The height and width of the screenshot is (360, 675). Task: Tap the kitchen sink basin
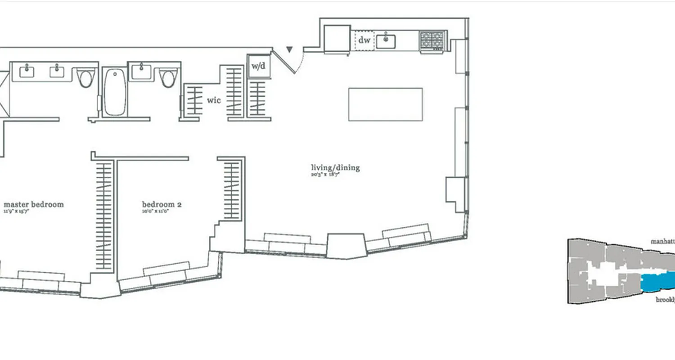[x=386, y=41]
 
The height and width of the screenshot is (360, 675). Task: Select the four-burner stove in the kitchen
[x=432, y=40]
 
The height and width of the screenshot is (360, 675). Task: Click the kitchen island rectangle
[x=385, y=104]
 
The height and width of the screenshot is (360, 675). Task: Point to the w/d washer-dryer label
[x=258, y=67]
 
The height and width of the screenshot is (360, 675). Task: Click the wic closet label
[x=214, y=100]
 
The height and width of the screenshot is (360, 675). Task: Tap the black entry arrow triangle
[x=290, y=49]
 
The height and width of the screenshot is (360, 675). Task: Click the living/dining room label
[x=335, y=168]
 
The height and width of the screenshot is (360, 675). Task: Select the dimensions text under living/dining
[x=324, y=175]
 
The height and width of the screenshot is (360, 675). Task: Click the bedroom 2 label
[x=162, y=204]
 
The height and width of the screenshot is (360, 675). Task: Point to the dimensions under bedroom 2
[x=155, y=211]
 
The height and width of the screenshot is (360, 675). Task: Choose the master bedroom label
[x=34, y=204]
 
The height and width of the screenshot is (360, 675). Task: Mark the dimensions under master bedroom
[x=16, y=211]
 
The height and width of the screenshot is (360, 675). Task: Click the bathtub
[x=114, y=92]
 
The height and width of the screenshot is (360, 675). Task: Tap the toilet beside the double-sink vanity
[x=85, y=78]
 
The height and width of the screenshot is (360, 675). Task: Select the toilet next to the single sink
[x=168, y=78]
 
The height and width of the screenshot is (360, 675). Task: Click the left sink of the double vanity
[x=27, y=72]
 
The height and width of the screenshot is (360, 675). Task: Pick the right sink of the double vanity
[x=57, y=72]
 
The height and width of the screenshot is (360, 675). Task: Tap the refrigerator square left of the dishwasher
[x=337, y=39]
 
